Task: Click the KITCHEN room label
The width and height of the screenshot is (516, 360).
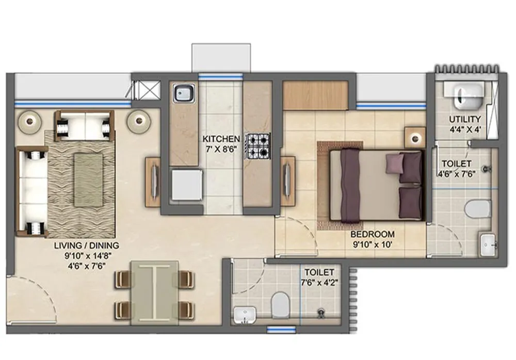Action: click(221, 139)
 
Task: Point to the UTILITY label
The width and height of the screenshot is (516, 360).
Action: click(464, 119)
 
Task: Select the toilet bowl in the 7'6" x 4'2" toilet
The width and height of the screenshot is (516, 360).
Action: click(280, 305)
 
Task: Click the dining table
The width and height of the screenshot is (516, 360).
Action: click(154, 292)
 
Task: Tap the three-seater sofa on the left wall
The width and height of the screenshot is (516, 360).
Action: click(32, 190)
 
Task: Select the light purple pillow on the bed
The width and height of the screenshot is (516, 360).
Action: click(395, 163)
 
